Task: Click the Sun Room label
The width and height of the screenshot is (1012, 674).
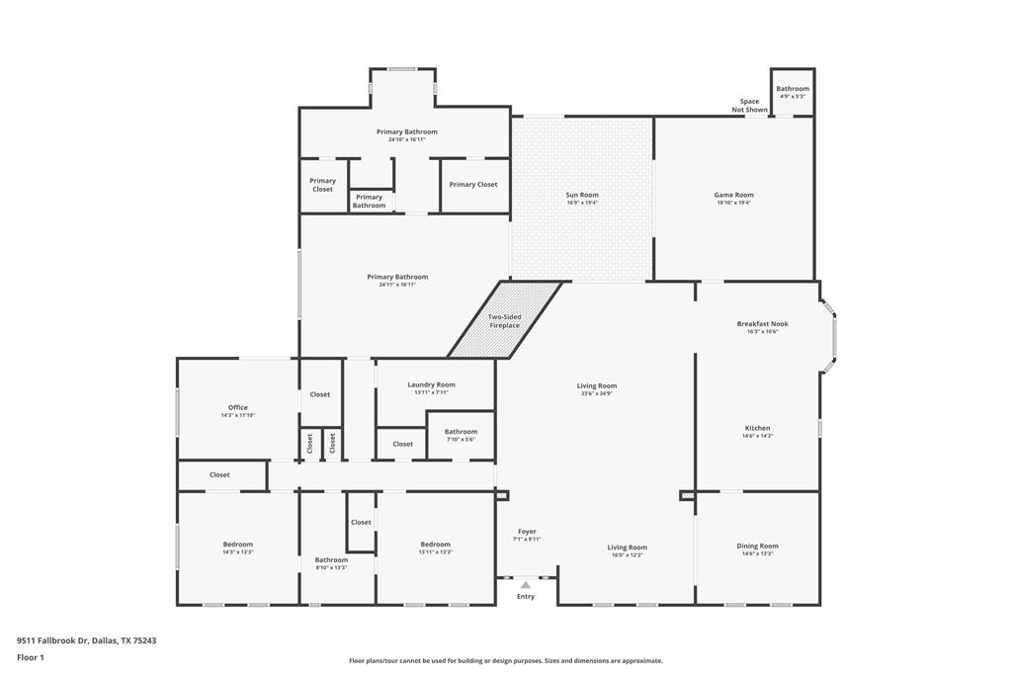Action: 582,195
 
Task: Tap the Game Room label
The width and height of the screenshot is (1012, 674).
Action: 733,195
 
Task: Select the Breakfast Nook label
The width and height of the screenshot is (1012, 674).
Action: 762,324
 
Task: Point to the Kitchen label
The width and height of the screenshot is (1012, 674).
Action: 757,428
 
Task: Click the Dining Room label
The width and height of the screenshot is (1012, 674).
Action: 757,546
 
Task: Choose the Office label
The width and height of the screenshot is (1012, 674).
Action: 237,407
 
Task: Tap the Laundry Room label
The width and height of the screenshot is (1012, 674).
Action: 431,384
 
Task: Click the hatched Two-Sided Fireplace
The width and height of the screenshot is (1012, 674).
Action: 504,320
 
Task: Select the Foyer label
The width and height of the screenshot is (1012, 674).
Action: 526,531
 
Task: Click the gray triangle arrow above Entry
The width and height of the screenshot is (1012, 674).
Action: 526,585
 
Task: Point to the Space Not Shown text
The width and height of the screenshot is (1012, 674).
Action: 749,106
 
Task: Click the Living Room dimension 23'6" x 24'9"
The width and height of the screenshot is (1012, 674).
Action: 597,393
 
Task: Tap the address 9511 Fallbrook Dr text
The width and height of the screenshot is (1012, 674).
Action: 86,640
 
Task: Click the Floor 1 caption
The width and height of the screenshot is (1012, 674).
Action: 31,657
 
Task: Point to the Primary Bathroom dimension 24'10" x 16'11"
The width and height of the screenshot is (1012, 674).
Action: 406,139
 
